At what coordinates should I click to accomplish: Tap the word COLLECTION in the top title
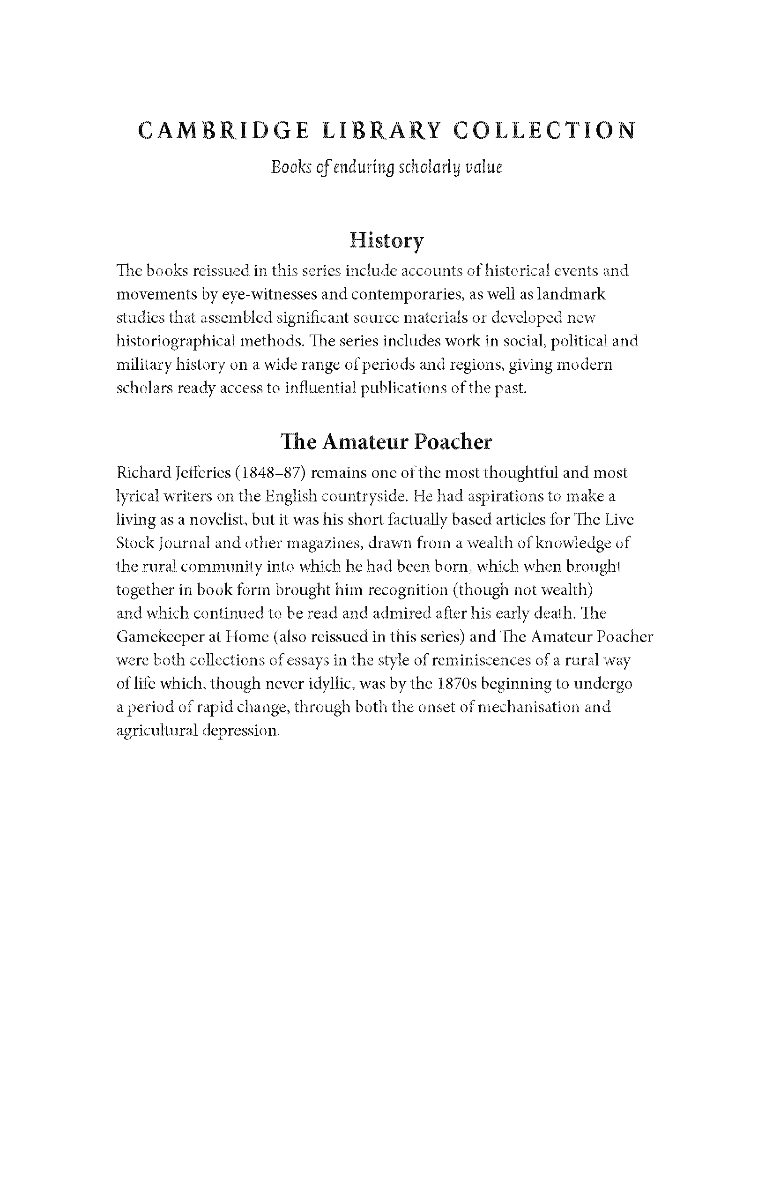pos(544,131)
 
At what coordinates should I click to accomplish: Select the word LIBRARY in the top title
pos(381,131)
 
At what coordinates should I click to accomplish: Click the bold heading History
pos(386,240)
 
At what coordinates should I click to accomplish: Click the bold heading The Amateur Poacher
pos(386,442)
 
